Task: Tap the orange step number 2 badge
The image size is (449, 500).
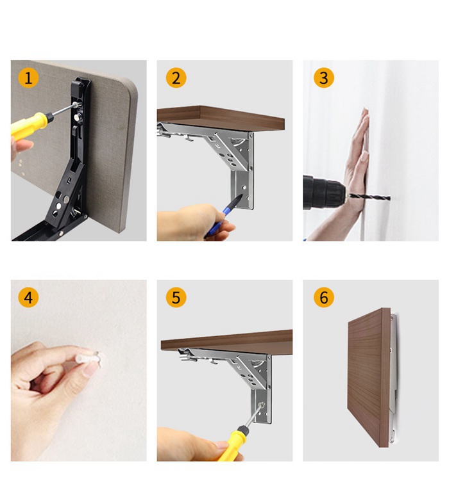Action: [176, 78]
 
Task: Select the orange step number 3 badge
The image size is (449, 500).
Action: [323, 78]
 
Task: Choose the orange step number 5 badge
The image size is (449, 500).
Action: [176, 298]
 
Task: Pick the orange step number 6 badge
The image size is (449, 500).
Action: [323, 298]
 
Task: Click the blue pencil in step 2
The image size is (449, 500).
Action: [221, 214]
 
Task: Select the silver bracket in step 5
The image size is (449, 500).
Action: [253, 378]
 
